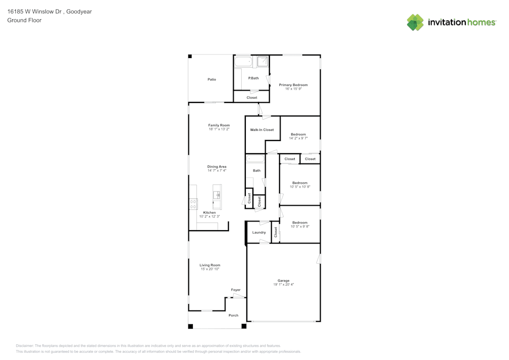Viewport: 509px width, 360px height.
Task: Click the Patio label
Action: (212, 79)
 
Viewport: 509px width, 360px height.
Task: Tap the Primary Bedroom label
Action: (293, 85)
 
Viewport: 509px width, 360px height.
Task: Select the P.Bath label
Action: (253, 78)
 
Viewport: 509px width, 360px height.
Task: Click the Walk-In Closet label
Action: (262, 130)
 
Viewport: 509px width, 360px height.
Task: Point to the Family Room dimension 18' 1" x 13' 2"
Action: (219, 129)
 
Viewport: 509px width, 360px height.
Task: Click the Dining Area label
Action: (217, 167)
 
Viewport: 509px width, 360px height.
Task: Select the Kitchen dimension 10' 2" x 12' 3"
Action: (209, 216)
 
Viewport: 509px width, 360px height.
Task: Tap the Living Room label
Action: (210, 265)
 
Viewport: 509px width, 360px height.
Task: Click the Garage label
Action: (284, 281)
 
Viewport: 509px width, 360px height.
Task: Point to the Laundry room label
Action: (259, 233)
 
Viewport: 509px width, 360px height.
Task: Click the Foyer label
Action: (236, 290)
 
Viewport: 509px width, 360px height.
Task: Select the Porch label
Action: (233, 315)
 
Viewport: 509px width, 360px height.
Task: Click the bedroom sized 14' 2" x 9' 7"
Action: (298, 134)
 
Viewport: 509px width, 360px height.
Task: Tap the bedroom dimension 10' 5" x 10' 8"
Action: (300, 187)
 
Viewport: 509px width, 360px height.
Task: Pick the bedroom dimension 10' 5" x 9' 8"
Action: (300, 227)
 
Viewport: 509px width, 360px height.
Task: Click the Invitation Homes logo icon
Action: (415, 22)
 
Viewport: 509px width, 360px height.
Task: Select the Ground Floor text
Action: (24, 20)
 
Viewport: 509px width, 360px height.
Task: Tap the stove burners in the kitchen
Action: (193, 204)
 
